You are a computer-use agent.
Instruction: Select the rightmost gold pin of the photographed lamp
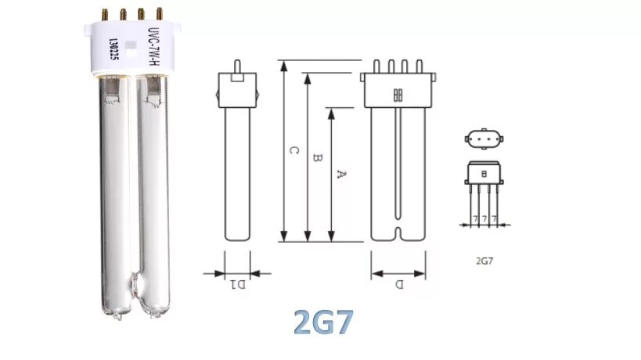click(160, 15)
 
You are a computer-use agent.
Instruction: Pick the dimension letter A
click(340, 174)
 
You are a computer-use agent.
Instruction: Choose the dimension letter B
click(316, 158)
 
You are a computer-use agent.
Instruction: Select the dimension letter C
click(292, 150)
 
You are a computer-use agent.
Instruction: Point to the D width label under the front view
click(398, 285)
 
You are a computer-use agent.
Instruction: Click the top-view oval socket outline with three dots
click(484, 142)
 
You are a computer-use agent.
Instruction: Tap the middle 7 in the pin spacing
click(484, 217)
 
